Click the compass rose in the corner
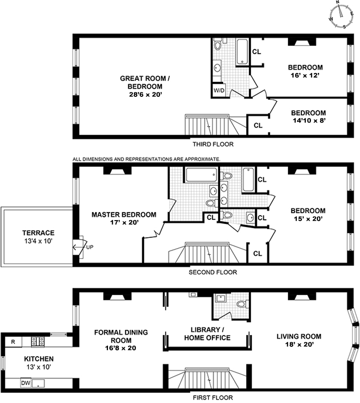coord(342,14)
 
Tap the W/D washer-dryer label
coord(219,91)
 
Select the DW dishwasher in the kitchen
coord(26,383)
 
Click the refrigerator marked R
coord(13,342)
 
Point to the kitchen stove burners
coord(38,342)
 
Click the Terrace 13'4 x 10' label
coord(38,237)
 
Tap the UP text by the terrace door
coord(90,247)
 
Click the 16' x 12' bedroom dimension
coord(305,76)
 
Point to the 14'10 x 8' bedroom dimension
coord(309,121)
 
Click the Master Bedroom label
coord(124,215)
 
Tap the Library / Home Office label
coord(207,334)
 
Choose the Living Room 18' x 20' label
coord(299,340)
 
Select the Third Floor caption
coord(213,145)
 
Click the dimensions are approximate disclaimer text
coord(146,159)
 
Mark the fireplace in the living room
coord(301,296)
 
